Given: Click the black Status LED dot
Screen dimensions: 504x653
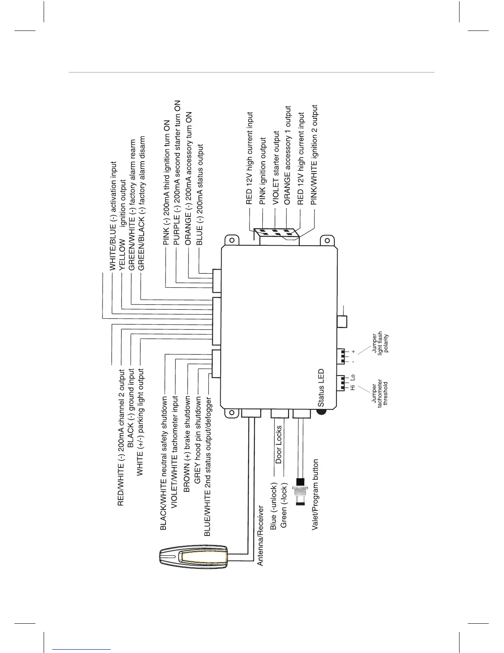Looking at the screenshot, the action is pos(321,413).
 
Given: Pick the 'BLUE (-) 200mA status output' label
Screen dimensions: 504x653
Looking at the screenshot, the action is pos(200,194).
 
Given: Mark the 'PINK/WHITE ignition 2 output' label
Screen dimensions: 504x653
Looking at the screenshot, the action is pos(314,155).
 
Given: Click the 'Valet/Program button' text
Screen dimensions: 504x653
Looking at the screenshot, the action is pos(315,495).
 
